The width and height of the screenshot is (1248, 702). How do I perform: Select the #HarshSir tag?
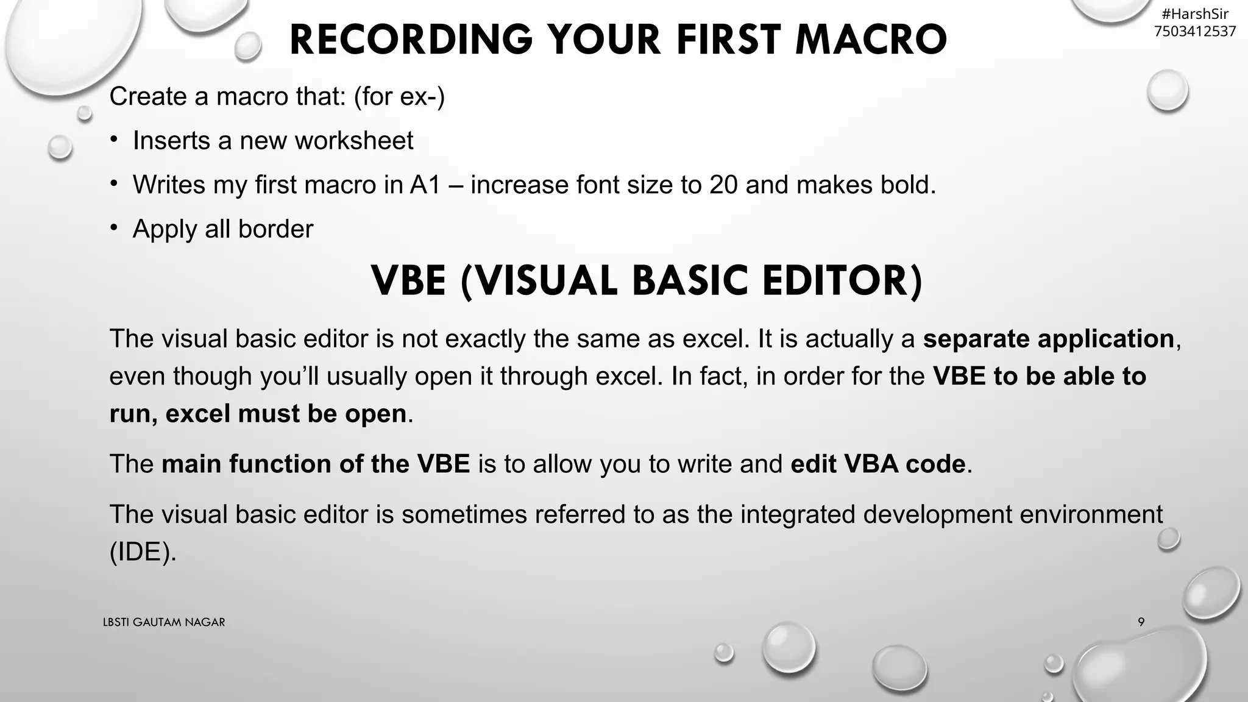pos(1195,14)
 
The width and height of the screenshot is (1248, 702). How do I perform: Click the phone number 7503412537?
pos(1195,31)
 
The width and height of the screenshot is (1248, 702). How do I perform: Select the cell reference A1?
pos(425,185)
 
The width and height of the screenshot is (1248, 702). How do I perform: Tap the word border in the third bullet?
pos(275,229)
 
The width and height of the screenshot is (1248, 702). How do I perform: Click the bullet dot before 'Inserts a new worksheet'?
pos(114,140)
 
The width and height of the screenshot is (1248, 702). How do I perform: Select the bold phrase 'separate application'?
pos(1048,339)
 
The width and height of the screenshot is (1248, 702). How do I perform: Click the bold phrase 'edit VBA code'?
pos(877,464)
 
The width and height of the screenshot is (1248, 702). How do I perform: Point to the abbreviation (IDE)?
pos(143,552)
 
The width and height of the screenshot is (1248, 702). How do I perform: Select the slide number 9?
pos(1141,622)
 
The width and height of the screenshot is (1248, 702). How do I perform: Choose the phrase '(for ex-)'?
pos(399,96)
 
